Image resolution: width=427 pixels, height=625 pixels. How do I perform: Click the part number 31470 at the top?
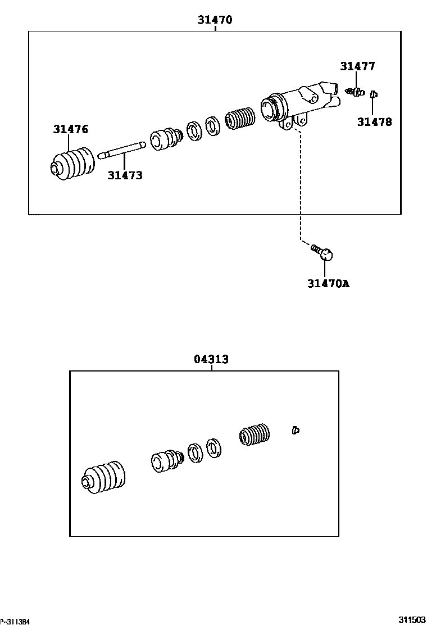point(215,20)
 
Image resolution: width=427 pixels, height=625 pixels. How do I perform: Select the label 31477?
point(357,66)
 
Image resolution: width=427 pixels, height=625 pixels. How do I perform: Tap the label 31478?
point(375,121)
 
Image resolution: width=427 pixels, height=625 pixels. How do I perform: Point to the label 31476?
point(71,129)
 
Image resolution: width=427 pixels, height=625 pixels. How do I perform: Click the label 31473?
point(125,175)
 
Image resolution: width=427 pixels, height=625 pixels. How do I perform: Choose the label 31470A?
point(328,283)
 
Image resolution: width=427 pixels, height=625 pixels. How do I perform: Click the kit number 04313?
point(211,359)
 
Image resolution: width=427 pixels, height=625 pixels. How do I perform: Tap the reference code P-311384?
point(15,621)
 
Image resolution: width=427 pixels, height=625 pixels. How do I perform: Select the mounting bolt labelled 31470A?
point(322,252)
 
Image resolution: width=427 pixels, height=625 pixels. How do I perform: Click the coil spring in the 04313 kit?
point(255,434)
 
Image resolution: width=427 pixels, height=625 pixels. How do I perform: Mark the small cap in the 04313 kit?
point(296,431)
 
